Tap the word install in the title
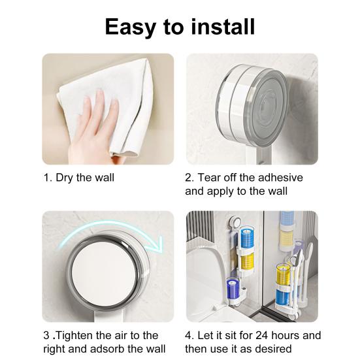[x=223, y=26]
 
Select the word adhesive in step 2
[x=275, y=178]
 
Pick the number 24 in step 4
[x=262, y=335]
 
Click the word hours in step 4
[x=286, y=335]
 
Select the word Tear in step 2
[x=209, y=178]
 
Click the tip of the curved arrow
[x=159, y=252]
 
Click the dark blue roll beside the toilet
[x=233, y=288]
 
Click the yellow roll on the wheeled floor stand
[x=283, y=276]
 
